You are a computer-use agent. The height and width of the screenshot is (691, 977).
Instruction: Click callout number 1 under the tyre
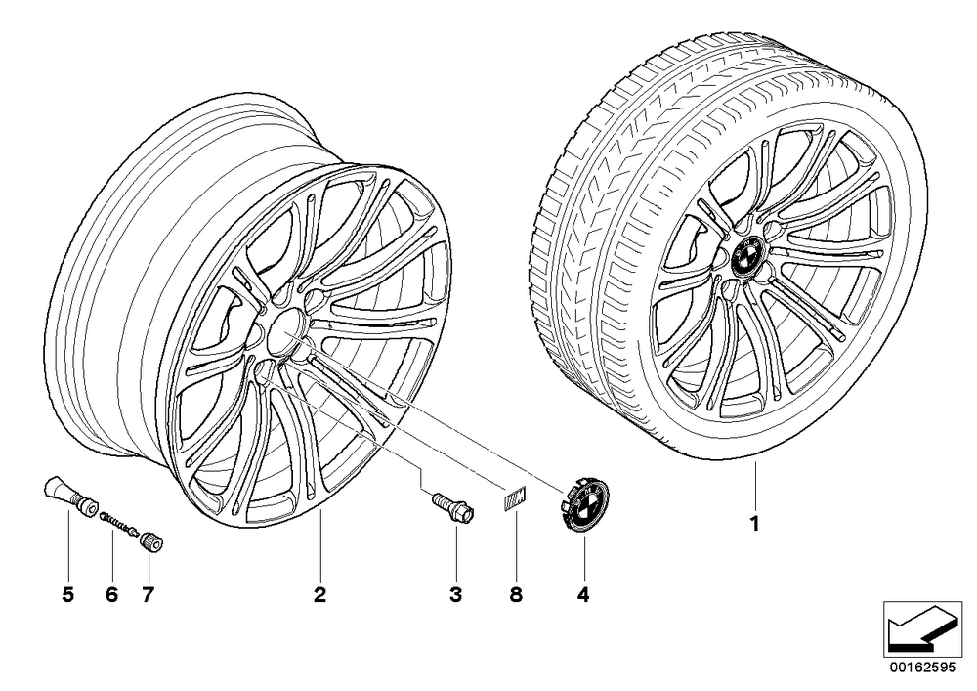pyautogui.click(x=754, y=524)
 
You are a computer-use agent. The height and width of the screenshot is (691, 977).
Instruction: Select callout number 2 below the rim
pyautogui.click(x=319, y=595)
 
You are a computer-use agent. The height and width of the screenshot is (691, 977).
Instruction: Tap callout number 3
pyautogui.click(x=456, y=595)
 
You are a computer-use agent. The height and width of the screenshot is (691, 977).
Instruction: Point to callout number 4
pyautogui.click(x=582, y=595)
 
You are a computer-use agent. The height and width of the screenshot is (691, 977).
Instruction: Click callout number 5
pyautogui.click(x=68, y=595)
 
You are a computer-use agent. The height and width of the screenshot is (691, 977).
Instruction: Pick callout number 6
pyautogui.click(x=111, y=595)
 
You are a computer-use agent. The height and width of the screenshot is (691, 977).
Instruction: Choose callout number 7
pyautogui.click(x=148, y=595)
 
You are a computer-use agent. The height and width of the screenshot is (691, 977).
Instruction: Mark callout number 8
pyautogui.click(x=515, y=595)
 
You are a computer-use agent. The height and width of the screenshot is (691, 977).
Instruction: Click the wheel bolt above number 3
pyautogui.click(x=453, y=507)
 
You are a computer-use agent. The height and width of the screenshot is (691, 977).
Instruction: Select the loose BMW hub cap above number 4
pyautogui.click(x=583, y=504)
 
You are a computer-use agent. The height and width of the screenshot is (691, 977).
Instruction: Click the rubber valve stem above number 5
pyautogui.click(x=68, y=497)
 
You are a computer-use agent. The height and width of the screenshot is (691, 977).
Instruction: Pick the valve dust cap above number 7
pyautogui.click(x=152, y=540)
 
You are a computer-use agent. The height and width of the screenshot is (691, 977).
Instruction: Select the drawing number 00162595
pyautogui.click(x=922, y=668)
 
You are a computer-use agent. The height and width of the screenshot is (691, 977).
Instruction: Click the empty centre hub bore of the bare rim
pyautogui.click(x=284, y=333)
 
